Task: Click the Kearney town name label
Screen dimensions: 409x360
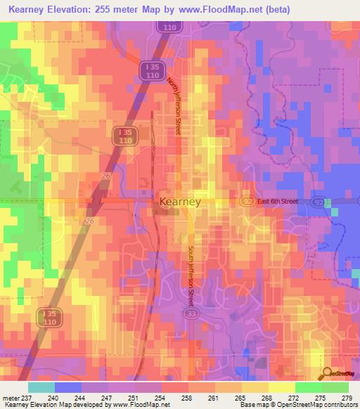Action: pos(180,202)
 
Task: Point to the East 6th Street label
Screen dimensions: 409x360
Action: pos(277,202)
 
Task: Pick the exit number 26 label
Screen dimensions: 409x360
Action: pos(89,221)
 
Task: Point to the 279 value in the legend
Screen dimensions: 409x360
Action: pos(347,398)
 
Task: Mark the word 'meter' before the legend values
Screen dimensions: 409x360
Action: pos(11,398)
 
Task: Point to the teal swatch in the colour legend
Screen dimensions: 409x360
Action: pos(41,387)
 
